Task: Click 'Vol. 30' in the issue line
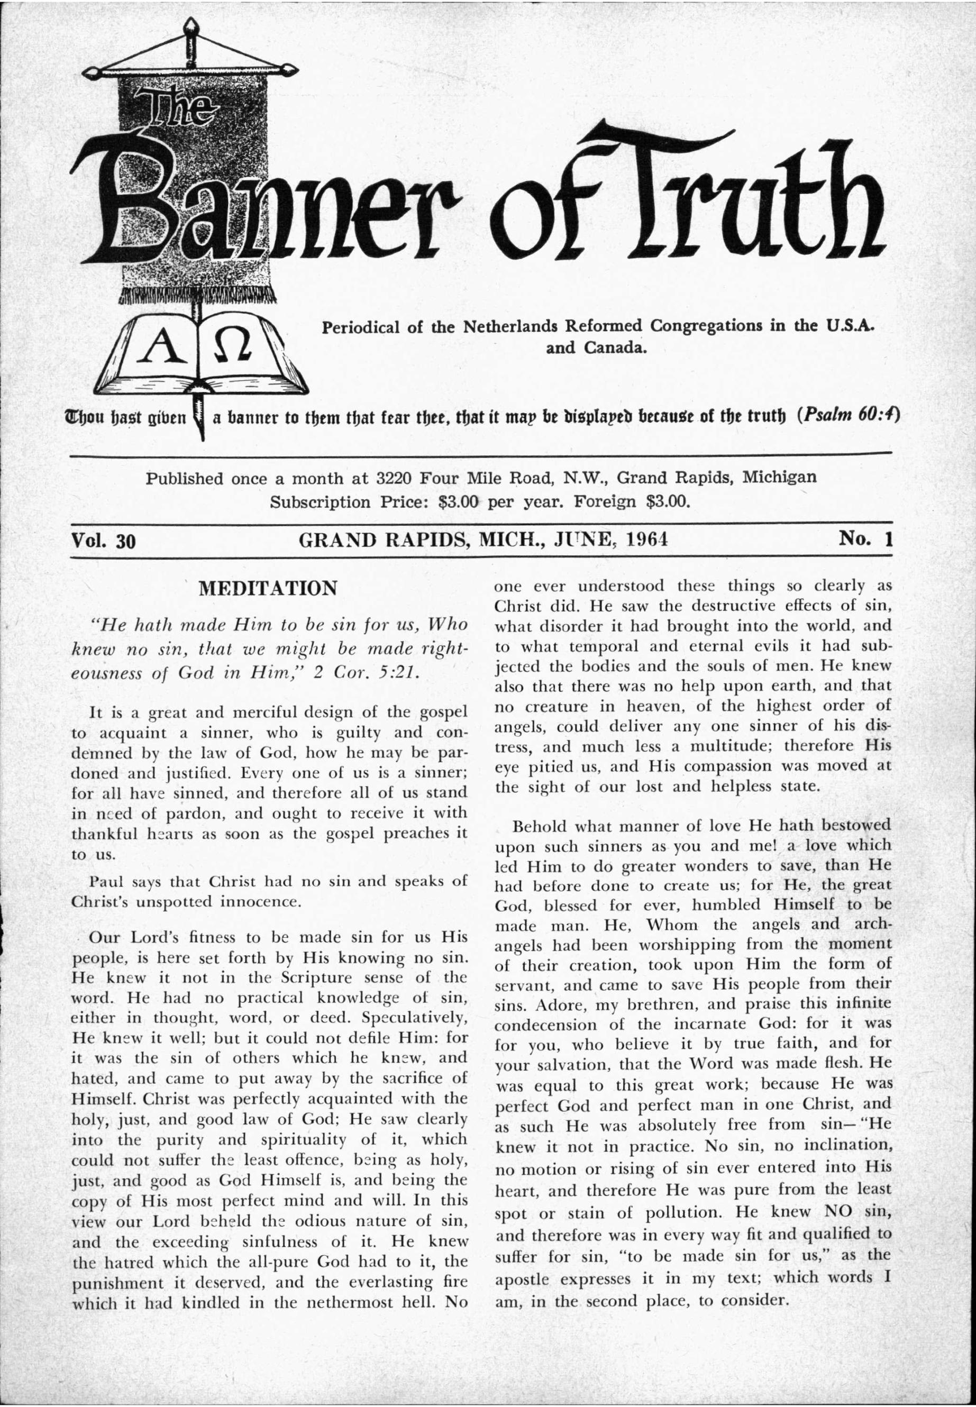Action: (x=103, y=541)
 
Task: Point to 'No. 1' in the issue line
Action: (x=866, y=538)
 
